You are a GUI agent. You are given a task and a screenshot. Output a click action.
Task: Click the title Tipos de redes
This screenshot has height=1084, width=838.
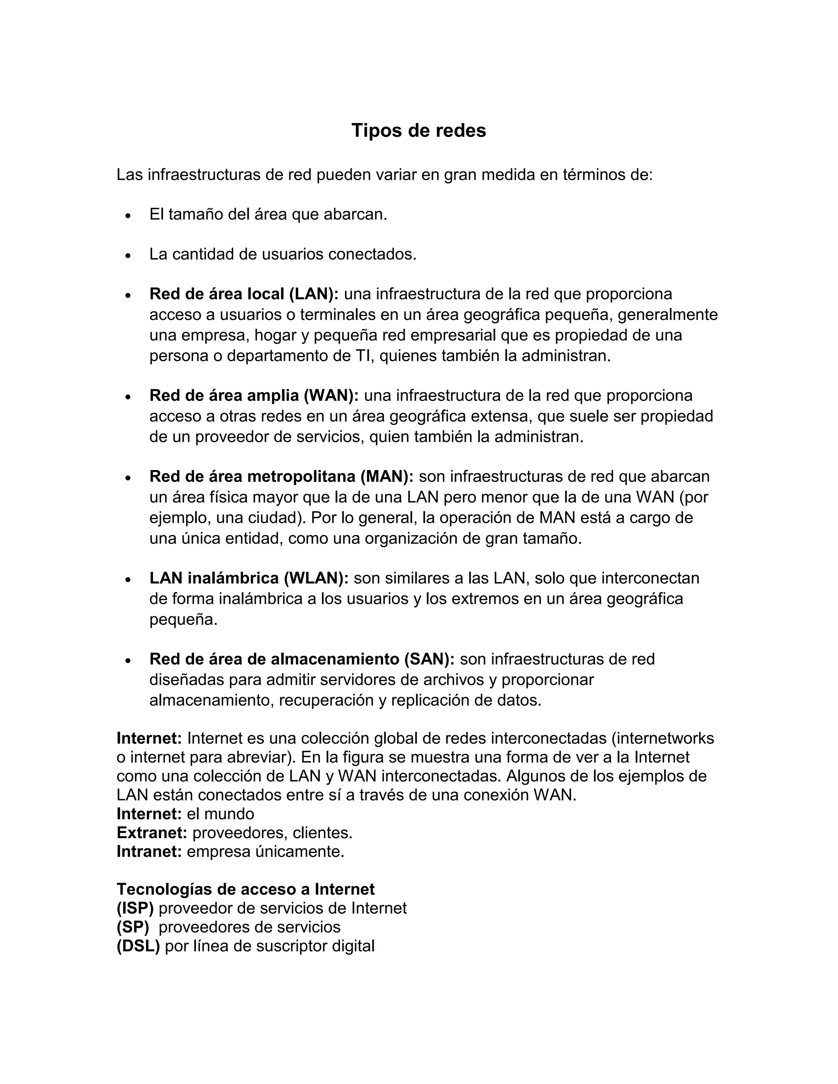pyautogui.click(x=419, y=130)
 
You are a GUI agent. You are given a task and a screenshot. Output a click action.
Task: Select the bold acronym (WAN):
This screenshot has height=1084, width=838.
pyautogui.click(x=331, y=396)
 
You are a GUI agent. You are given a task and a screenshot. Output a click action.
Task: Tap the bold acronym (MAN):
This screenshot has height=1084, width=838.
pyautogui.click(x=387, y=477)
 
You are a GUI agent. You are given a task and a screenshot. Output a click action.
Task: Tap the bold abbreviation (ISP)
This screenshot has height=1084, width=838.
pyautogui.click(x=135, y=908)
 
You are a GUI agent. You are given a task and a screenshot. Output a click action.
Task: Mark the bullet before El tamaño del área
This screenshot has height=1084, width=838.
pyautogui.click(x=128, y=216)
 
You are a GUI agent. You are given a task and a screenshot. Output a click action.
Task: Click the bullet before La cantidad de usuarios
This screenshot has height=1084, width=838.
pyautogui.click(x=128, y=256)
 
